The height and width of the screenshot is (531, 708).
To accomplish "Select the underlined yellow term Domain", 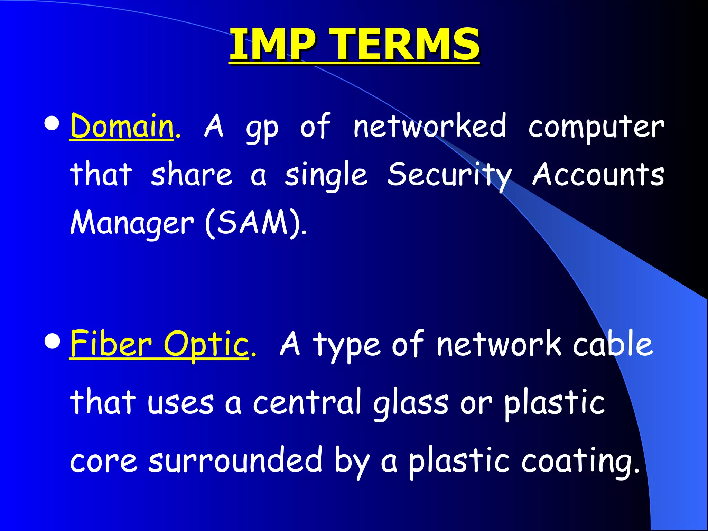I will coord(121,126).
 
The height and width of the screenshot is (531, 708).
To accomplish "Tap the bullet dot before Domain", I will coord(52,124).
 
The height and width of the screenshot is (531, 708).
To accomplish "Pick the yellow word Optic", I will coord(206,344).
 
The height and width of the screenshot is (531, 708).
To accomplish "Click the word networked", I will coord(430,126).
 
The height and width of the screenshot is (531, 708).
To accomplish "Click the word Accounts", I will coord(598,174).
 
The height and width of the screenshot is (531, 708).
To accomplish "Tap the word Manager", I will coord(132,223).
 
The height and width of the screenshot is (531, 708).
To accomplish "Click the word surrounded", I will coord(235,460).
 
